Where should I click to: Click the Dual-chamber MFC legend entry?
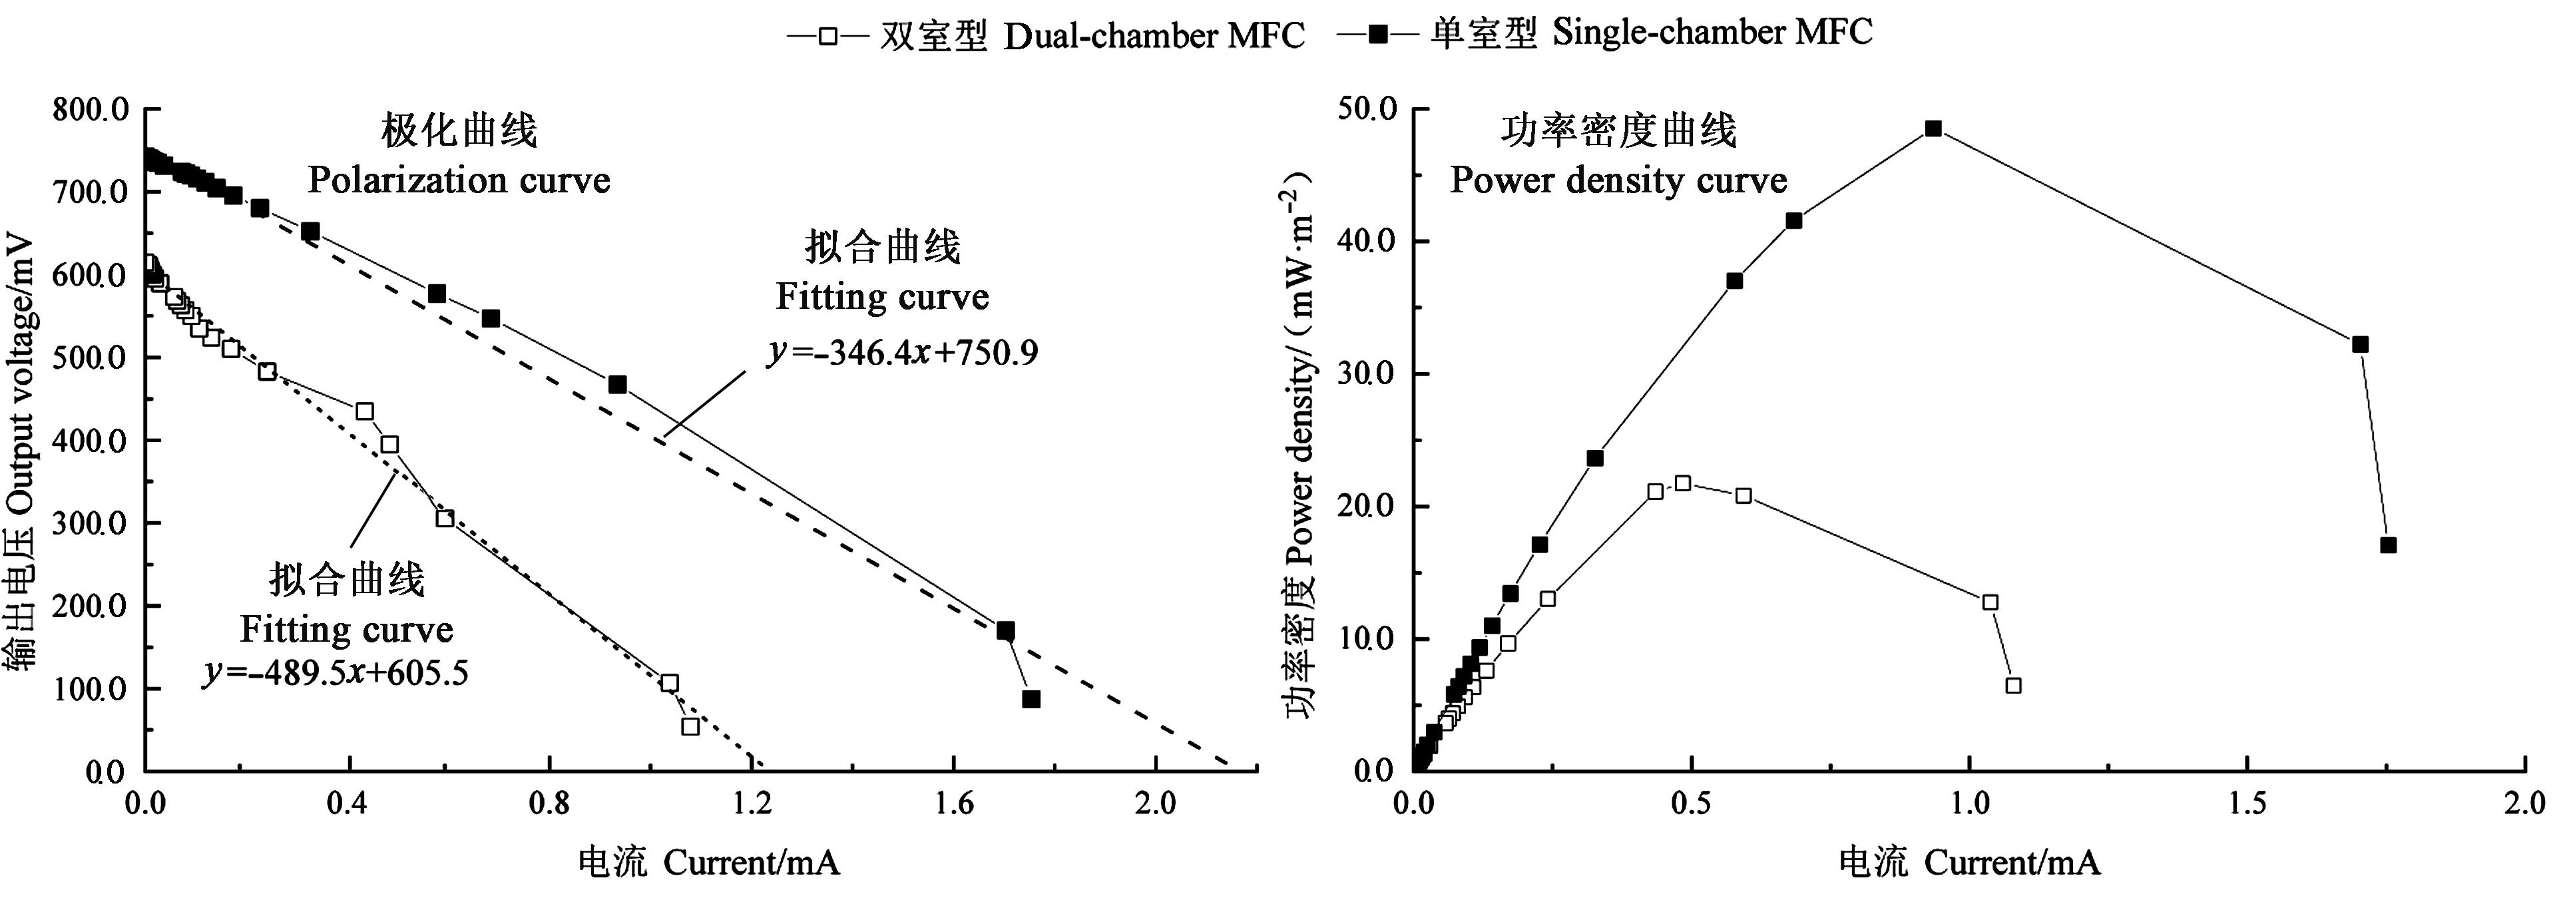point(1045,36)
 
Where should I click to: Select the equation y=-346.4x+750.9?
point(903,352)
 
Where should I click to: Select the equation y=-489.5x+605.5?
point(336,673)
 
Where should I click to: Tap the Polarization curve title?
point(459,180)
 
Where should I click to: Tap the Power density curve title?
point(1618,180)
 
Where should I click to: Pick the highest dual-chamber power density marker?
point(1682,483)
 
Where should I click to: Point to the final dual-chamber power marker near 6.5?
point(2013,685)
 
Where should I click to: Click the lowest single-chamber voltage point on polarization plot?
point(1031,699)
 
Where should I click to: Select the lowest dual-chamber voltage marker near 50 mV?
point(690,726)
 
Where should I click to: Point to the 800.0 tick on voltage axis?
point(92,109)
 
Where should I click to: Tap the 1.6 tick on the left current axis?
point(953,801)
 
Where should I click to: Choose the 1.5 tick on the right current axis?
point(2247,801)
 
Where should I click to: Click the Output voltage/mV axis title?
point(22,453)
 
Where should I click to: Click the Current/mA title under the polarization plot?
point(710,862)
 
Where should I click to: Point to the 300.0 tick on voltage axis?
point(92,524)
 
